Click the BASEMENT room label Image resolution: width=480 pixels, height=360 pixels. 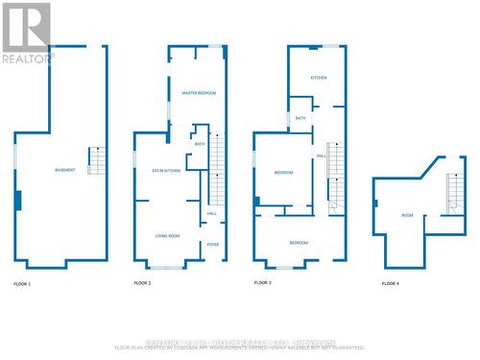(x=65, y=170)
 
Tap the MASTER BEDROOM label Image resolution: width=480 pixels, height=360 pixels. (x=199, y=92)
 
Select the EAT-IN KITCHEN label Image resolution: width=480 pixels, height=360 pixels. (x=166, y=171)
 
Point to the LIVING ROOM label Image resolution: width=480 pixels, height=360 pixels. (x=168, y=235)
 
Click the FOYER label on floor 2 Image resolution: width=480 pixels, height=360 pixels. (x=212, y=245)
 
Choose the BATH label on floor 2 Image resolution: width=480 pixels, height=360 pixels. (x=200, y=144)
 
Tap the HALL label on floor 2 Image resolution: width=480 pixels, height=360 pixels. (x=211, y=213)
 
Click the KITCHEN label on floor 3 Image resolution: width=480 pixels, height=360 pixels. (x=319, y=77)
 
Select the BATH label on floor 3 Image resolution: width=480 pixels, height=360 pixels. (x=300, y=118)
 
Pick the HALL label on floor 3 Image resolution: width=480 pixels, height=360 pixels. (x=321, y=156)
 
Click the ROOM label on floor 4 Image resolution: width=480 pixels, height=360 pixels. (x=407, y=215)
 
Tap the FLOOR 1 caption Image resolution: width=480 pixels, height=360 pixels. (x=22, y=284)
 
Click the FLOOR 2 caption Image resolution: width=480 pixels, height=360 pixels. (x=142, y=284)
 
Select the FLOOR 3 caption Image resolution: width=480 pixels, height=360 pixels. (x=262, y=283)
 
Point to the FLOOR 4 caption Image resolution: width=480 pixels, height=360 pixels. (x=390, y=284)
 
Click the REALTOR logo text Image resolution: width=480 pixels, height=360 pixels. (x=25, y=59)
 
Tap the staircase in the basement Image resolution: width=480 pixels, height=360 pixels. (x=95, y=160)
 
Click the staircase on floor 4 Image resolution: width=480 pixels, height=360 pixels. (x=453, y=194)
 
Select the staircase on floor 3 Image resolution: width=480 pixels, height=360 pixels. (x=334, y=173)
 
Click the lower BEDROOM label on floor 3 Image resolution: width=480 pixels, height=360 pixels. (x=299, y=243)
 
